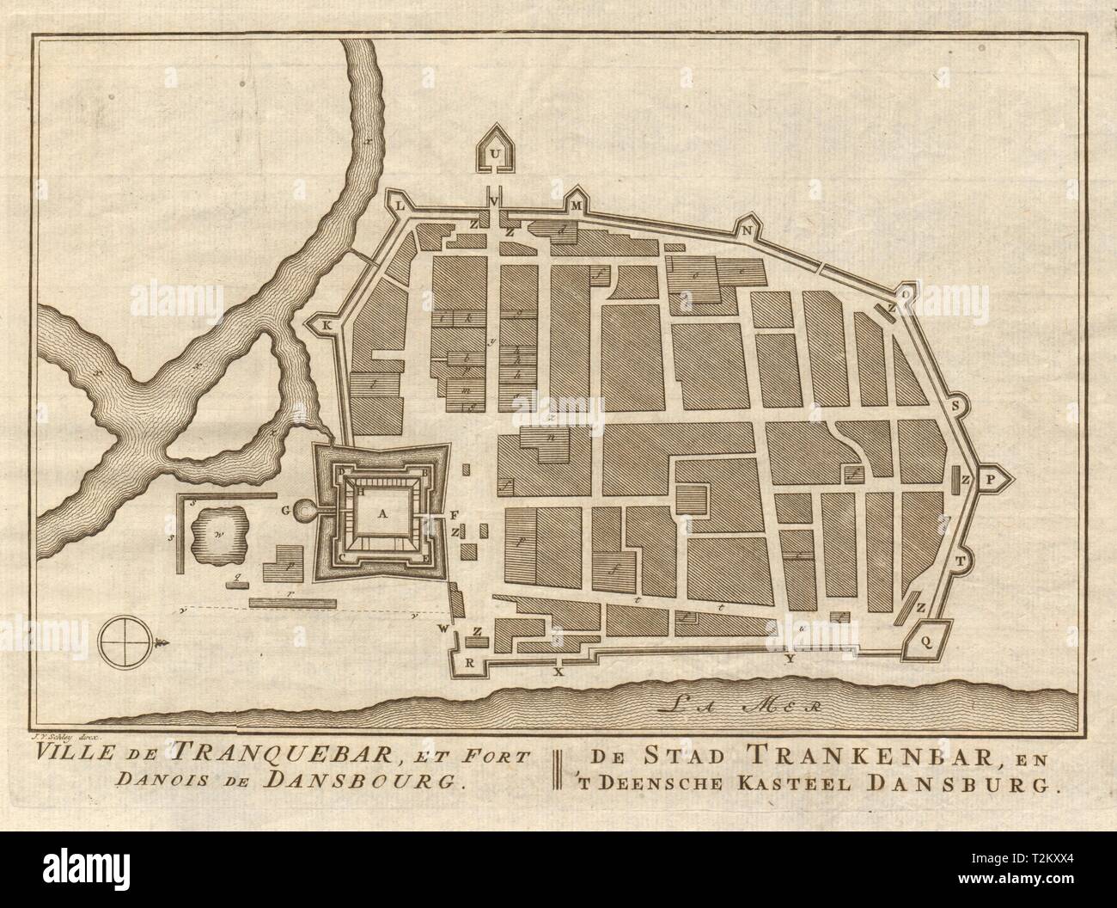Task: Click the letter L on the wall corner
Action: click(400, 206)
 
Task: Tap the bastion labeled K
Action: click(327, 326)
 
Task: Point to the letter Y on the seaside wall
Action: click(788, 660)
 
